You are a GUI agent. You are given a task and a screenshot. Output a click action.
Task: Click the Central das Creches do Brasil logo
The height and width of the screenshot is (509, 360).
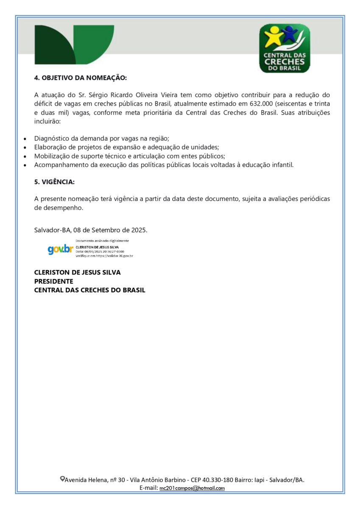(285, 48)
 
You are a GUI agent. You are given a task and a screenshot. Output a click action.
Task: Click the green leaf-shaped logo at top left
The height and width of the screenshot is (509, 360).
(74, 45)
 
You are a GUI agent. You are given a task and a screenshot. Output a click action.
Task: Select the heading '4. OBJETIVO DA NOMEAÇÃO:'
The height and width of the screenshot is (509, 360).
(81, 78)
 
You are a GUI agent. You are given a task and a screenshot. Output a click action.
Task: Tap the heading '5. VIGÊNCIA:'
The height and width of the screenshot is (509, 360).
(54, 182)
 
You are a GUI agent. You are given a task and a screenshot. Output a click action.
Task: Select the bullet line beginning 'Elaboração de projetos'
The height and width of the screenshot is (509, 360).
(126, 147)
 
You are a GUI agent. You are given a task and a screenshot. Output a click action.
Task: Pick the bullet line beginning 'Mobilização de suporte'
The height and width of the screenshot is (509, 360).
(129, 156)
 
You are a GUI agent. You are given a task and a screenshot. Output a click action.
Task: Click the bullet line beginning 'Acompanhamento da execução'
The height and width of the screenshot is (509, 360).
(164, 165)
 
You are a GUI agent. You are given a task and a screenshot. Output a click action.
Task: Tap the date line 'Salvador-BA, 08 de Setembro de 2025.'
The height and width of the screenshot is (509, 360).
(91, 230)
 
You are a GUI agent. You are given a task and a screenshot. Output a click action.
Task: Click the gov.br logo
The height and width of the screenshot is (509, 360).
(60, 249)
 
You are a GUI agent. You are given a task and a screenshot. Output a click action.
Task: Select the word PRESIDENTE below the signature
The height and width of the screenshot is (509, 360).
(53, 281)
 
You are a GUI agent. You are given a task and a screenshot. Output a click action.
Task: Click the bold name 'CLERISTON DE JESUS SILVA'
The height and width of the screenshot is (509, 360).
(77, 272)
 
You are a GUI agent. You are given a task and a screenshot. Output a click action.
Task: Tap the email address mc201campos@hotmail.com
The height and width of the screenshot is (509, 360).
(192, 488)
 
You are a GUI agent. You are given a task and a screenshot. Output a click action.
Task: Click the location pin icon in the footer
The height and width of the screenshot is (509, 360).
(62, 479)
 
